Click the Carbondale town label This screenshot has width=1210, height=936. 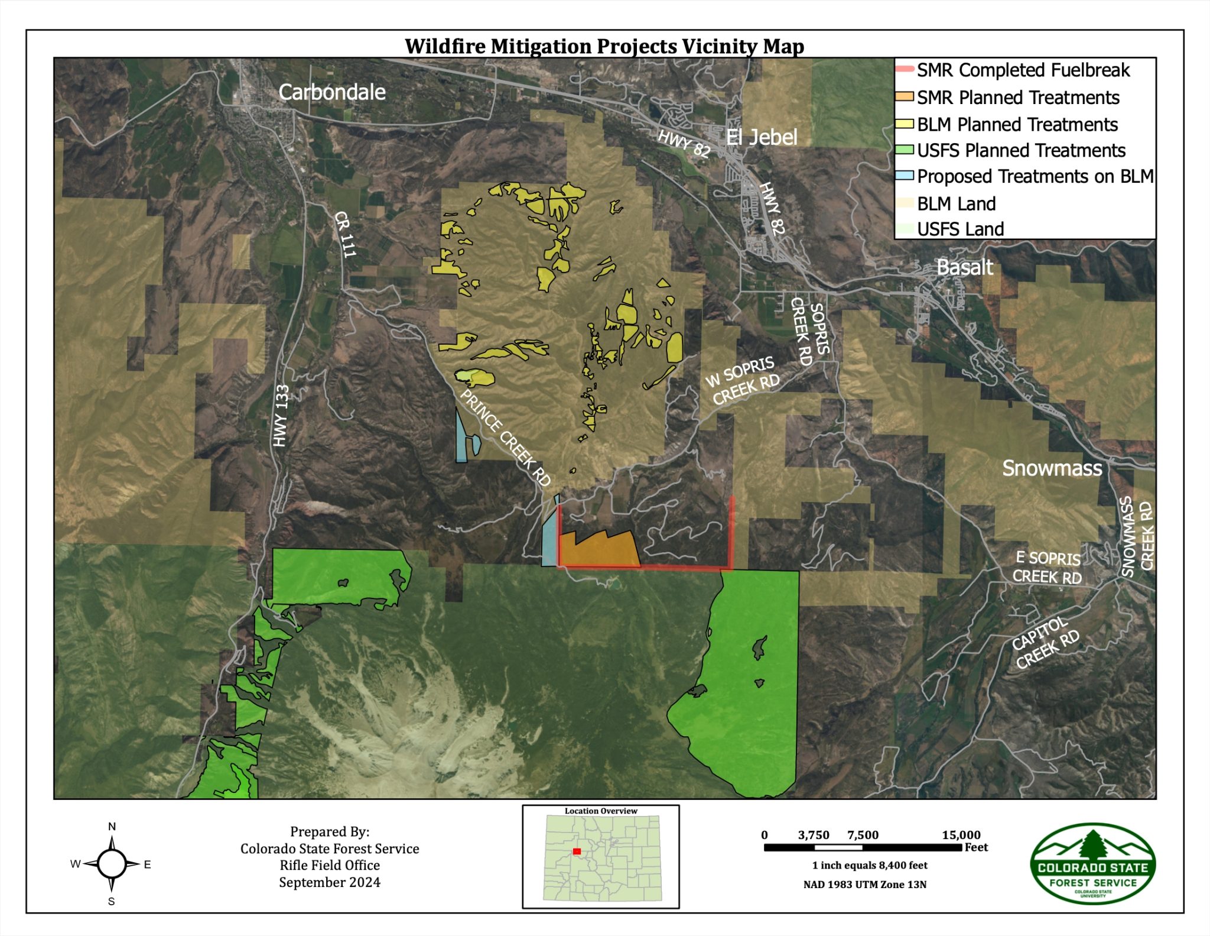pyautogui.click(x=331, y=92)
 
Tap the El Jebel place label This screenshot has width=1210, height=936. pyautogui.click(x=761, y=137)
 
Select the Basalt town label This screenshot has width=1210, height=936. pyautogui.click(x=965, y=267)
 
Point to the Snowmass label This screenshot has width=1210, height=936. pyautogui.click(x=1052, y=468)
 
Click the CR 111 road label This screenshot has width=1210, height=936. pyautogui.click(x=345, y=235)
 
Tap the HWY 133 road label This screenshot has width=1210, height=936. pyautogui.click(x=281, y=415)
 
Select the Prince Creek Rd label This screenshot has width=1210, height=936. pyautogui.click(x=505, y=438)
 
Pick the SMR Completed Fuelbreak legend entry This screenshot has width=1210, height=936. pyautogui.click(x=1023, y=70)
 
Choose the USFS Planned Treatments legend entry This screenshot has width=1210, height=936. pyautogui.click(x=1021, y=151)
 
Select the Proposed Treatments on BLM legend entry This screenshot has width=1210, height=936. pyautogui.click(x=1035, y=177)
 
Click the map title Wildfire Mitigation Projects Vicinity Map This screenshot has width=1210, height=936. pyautogui.click(x=604, y=46)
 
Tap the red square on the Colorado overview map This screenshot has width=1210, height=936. pyautogui.click(x=577, y=851)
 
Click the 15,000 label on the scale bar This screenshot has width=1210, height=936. pyautogui.click(x=961, y=835)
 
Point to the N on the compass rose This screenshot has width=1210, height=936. pyautogui.click(x=112, y=827)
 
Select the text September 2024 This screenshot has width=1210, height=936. pyautogui.click(x=330, y=883)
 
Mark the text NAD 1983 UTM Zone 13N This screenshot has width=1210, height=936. pyautogui.click(x=864, y=885)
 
